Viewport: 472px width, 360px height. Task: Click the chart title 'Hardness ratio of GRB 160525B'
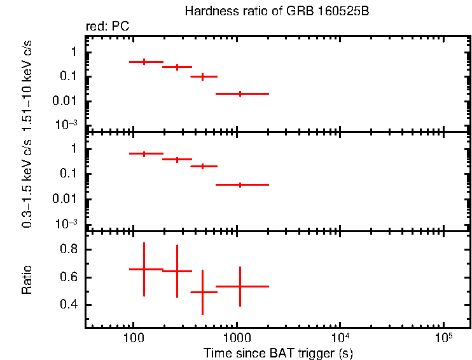tap(276, 11)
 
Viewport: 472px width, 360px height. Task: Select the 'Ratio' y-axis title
tap(27, 280)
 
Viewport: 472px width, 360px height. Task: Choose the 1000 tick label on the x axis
tap(237, 338)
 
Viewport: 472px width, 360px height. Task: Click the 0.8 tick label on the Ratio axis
tap(69, 249)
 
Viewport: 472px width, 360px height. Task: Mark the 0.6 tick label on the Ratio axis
tap(69, 277)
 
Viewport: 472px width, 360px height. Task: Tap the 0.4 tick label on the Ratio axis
tap(69, 305)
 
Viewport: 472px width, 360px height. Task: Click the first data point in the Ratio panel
tap(144, 269)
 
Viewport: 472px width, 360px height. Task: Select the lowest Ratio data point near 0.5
tap(202, 292)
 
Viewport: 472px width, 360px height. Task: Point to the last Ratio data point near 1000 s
tap(240, 286)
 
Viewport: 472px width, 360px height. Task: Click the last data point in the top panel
tap(240, 93)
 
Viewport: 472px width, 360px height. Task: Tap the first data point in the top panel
tap(144, 62)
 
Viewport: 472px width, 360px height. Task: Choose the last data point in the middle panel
tap(240, 184)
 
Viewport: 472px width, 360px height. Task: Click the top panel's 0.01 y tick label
tap(67, 101)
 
